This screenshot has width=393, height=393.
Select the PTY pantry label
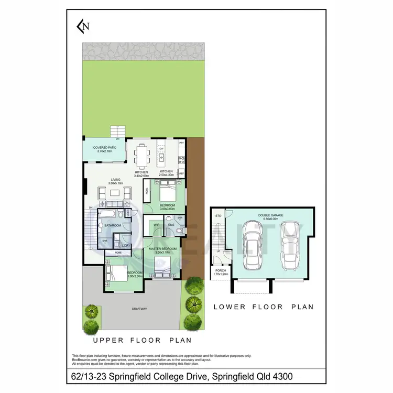182,143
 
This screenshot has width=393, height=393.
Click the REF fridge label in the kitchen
182,172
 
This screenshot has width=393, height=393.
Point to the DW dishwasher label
161,149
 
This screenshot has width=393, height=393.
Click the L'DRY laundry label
126,245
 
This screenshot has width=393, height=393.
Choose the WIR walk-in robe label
156,225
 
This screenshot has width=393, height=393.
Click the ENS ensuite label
171,225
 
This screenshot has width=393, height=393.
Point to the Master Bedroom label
162,250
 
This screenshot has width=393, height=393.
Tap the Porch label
220,271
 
